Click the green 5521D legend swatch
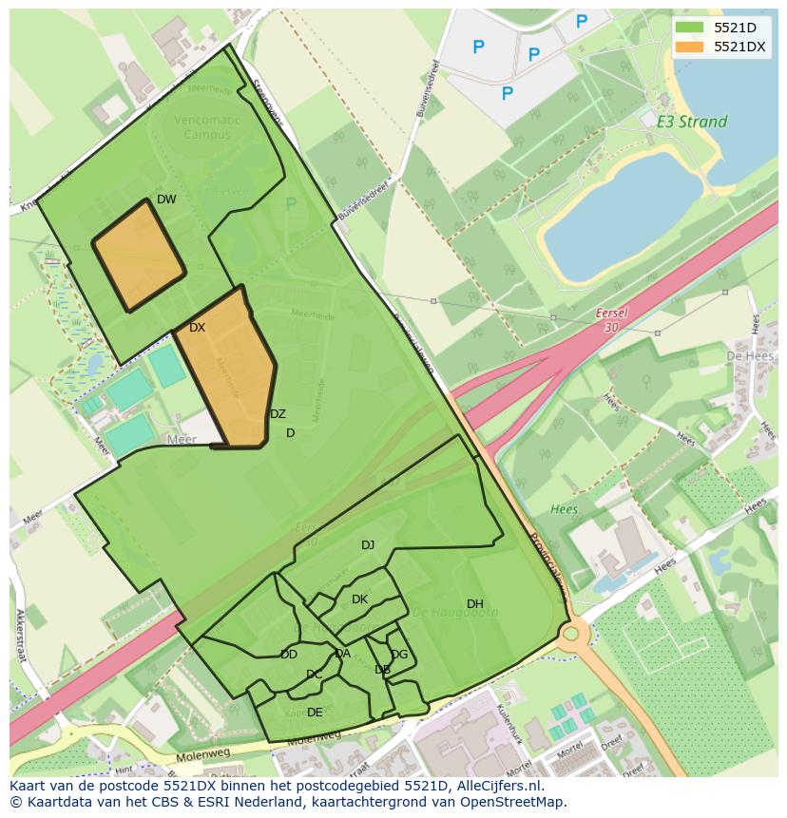click(x=691, y=28)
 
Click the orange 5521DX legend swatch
click(x=691, y=47)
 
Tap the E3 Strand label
click(x=691, y=122)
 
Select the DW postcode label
click(x=166, y=200)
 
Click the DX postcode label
click(x=197, y=328)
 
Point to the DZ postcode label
click(x=278, y=414)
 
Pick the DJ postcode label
click(x=368, y=545)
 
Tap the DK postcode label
click(x=359, y=599)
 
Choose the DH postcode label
click(x=475, y=604)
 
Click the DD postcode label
click(x=289, y=655)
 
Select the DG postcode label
click(x=399, y=655)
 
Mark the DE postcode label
click(x=315, y=713)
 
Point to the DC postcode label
click(x=315, y=675)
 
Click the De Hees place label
click(x=746, y=355)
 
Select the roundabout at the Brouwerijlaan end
click(x=571, y=633)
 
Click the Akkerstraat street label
click(x=21, y=637)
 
